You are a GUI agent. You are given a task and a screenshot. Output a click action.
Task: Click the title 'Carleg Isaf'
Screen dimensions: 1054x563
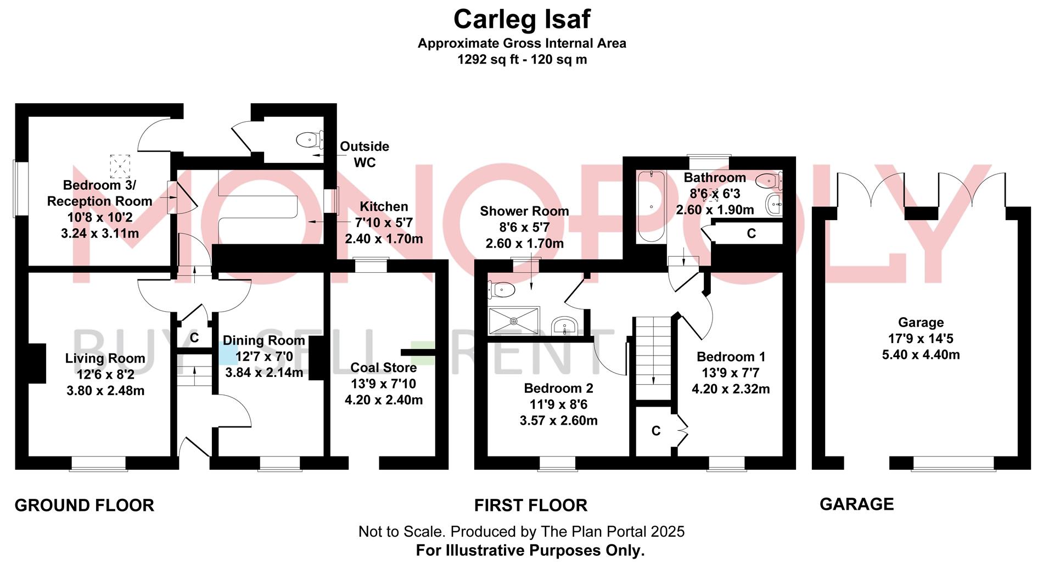[x=522, y=20]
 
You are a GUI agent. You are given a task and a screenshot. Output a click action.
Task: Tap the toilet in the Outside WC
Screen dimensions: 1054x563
[x=309, y=140]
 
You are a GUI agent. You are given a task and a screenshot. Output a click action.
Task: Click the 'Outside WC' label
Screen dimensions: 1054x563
[x=365, y=154]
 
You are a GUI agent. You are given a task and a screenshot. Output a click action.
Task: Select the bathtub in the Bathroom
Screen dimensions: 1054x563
[x=651, y=206]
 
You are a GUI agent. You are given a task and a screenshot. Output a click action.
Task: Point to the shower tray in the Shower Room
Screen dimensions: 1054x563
[x=514, y=320]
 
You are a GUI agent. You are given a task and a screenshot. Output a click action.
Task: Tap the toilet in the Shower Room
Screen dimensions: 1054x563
[x=501, y=289]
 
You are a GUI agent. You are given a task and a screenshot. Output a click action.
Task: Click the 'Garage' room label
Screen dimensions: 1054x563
[x=921, y=323]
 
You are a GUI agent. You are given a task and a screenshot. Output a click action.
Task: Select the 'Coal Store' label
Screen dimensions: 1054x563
[x=383, y=368]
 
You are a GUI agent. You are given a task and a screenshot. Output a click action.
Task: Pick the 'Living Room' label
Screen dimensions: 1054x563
[x=105, y=358]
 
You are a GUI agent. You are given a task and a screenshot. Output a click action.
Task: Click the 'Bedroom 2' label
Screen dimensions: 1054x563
[x=558, y=389]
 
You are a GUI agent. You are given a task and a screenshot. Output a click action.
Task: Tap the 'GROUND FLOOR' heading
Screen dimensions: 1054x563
[x=84, y=505]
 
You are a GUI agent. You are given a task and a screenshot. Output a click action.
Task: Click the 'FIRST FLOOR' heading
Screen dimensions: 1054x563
[x=531, y=505]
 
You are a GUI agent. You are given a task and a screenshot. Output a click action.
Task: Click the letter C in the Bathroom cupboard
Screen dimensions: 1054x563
[x=751, y=234]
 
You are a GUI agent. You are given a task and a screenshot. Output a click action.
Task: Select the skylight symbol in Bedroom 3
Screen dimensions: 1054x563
[x=120, y=166]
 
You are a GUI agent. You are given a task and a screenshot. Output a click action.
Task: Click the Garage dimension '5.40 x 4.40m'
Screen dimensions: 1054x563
[x=921, y=354]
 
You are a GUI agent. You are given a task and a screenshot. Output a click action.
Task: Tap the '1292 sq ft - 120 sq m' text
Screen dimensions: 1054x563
[x=522, y=59]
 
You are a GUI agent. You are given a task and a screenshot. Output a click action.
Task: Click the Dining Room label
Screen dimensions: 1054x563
[x=263, y=341]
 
